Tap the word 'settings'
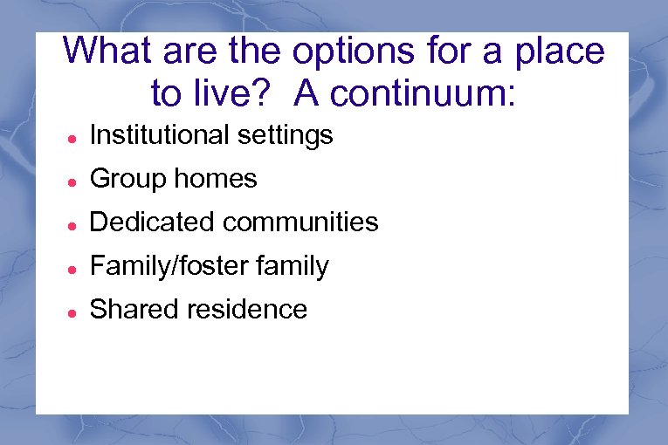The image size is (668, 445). point(289,136)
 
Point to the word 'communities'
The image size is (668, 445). point(301,222)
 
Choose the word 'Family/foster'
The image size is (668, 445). point(175,266)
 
